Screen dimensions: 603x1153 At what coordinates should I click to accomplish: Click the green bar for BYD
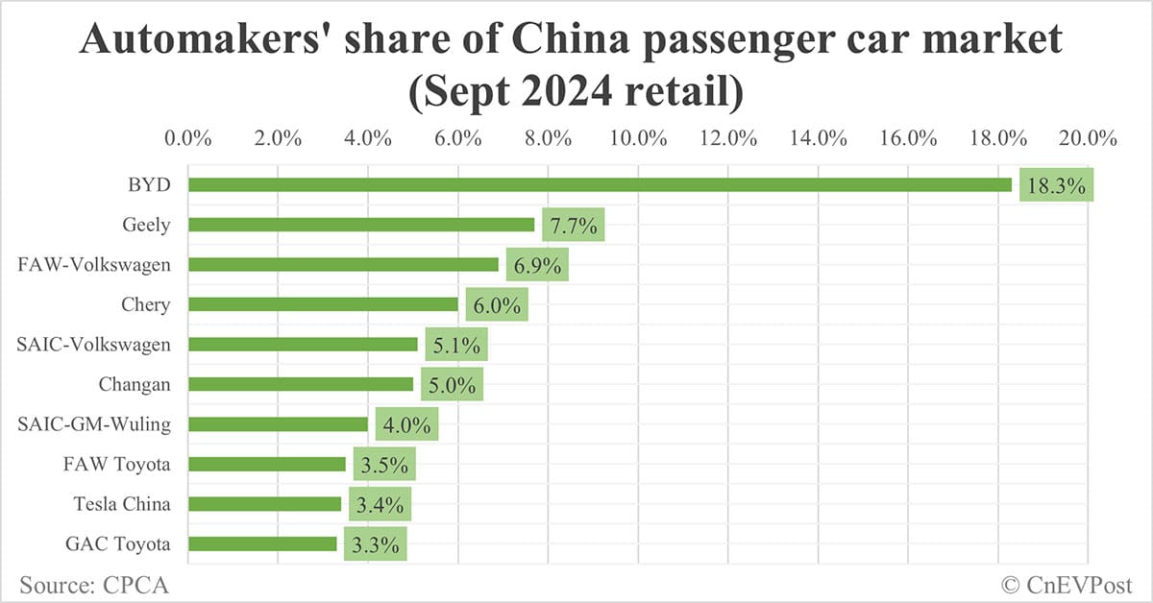pyautogui.click(x=600, y=184)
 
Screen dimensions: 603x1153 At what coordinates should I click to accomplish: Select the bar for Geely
pyautogui.click(x=361, y=225)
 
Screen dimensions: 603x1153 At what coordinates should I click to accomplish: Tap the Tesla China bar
pyautogui.click(x=264, y=504)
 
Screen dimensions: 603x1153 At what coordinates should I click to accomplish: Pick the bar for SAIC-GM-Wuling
pyautogui.click(x=278, y=424)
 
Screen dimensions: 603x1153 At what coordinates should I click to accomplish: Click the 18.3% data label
pyautogui.click(x=1056, y=185)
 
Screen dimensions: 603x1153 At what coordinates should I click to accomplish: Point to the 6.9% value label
pyautogui.click(x=537, y=265)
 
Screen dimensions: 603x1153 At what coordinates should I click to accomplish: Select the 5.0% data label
pyautogui.click(x=452, y=384)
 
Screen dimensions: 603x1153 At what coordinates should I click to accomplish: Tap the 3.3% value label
pyautogui.click(x=376, y=544)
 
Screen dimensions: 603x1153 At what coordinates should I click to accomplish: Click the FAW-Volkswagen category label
pyautogui.click(x=94, y=265)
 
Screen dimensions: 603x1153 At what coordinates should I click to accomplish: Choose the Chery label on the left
pyautogui.click(x=145, y=304)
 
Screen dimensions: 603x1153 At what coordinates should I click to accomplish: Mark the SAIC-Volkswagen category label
pyautogui.click(x=94, y=345)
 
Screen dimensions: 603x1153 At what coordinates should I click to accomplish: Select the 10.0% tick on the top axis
pyautogui.click(x=638, y=137)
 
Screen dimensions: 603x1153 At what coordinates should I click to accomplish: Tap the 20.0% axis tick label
pyautogui.click(x=1088, y=137)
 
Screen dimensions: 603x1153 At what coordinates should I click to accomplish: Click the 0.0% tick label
pyautogui.click(x=188, y=137)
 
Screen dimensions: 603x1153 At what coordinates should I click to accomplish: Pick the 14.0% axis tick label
pyautogui.click(x=818, y=137)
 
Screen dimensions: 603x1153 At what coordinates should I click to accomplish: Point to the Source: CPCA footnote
pyautogui.click(x=86, y=584)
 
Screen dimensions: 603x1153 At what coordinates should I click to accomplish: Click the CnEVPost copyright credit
pyautogui.click(x=1067, y=584)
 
